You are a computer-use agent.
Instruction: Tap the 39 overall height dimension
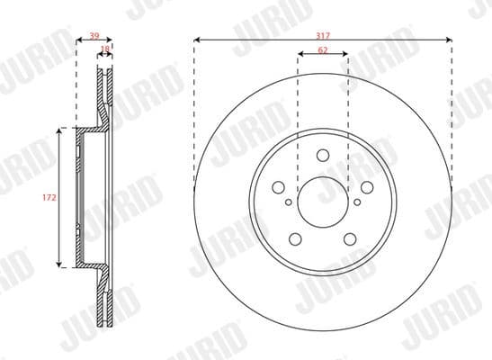pyautogui.click(x=94, y=36)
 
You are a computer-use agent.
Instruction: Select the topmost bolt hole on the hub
pyautogui.click(x=322, y=160)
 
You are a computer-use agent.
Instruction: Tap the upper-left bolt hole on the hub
pyautogui.click(x=279, y=186)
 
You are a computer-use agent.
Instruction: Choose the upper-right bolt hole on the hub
pyautogui.click(x=366, y=186)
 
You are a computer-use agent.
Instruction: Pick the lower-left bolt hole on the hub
pyautogui.click(x=295, y=237)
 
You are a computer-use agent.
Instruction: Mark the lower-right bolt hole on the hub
pyautogui.click(x=349, y=237)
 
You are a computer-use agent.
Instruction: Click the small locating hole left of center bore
pyautogui.click(x=288, y=202)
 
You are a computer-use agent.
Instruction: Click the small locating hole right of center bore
pyautogui.click(x=357, y=202)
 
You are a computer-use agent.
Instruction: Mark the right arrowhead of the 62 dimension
pyautogui.click(x=346, y=56)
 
